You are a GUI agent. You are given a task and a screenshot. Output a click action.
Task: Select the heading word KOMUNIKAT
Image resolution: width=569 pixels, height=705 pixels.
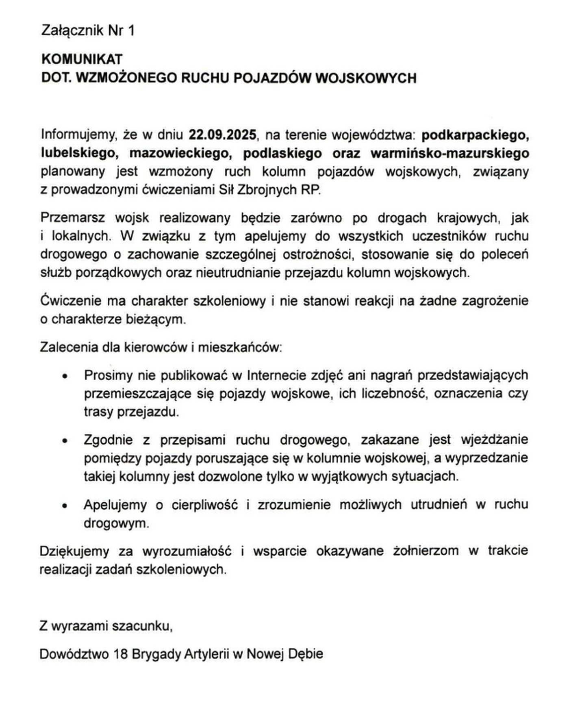coord(82,59)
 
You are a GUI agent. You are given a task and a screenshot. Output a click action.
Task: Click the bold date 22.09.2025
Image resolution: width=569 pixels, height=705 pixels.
coord(223,135)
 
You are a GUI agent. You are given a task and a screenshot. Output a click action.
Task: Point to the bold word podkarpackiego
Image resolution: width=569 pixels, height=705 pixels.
coord(475,135)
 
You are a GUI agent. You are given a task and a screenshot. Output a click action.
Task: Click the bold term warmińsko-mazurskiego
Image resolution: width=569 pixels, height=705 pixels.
coord(450,153)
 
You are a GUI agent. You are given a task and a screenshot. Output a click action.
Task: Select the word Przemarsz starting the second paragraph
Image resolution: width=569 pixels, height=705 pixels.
coord(73,218)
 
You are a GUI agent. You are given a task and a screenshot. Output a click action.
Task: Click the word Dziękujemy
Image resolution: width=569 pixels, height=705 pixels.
coord(74,551)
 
